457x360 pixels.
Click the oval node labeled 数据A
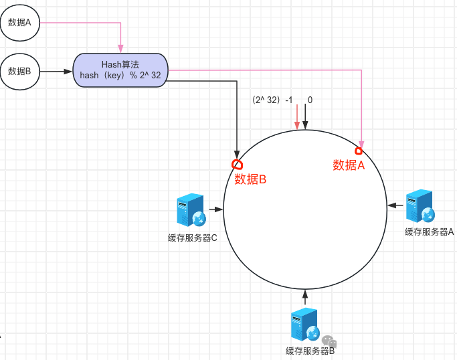point(20,23)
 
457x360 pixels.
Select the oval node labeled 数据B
point(20,70)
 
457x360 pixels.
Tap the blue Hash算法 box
point(120,70)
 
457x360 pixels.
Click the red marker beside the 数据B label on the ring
point(236,164)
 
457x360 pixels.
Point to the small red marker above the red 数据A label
point(358,151)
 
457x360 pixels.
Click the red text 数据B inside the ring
point(250,179)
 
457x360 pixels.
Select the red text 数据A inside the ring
point(349,165)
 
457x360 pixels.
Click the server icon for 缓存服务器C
point(191,210)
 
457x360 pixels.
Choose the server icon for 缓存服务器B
point(305,325)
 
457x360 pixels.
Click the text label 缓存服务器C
point(192,237)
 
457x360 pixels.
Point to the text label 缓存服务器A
point(429,232)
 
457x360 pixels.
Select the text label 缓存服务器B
point(310,351)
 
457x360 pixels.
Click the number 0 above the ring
point(310,100)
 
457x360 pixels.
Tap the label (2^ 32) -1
point(272,100)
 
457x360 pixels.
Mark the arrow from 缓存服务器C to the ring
point(216,209)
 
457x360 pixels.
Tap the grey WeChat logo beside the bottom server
point(329,341)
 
